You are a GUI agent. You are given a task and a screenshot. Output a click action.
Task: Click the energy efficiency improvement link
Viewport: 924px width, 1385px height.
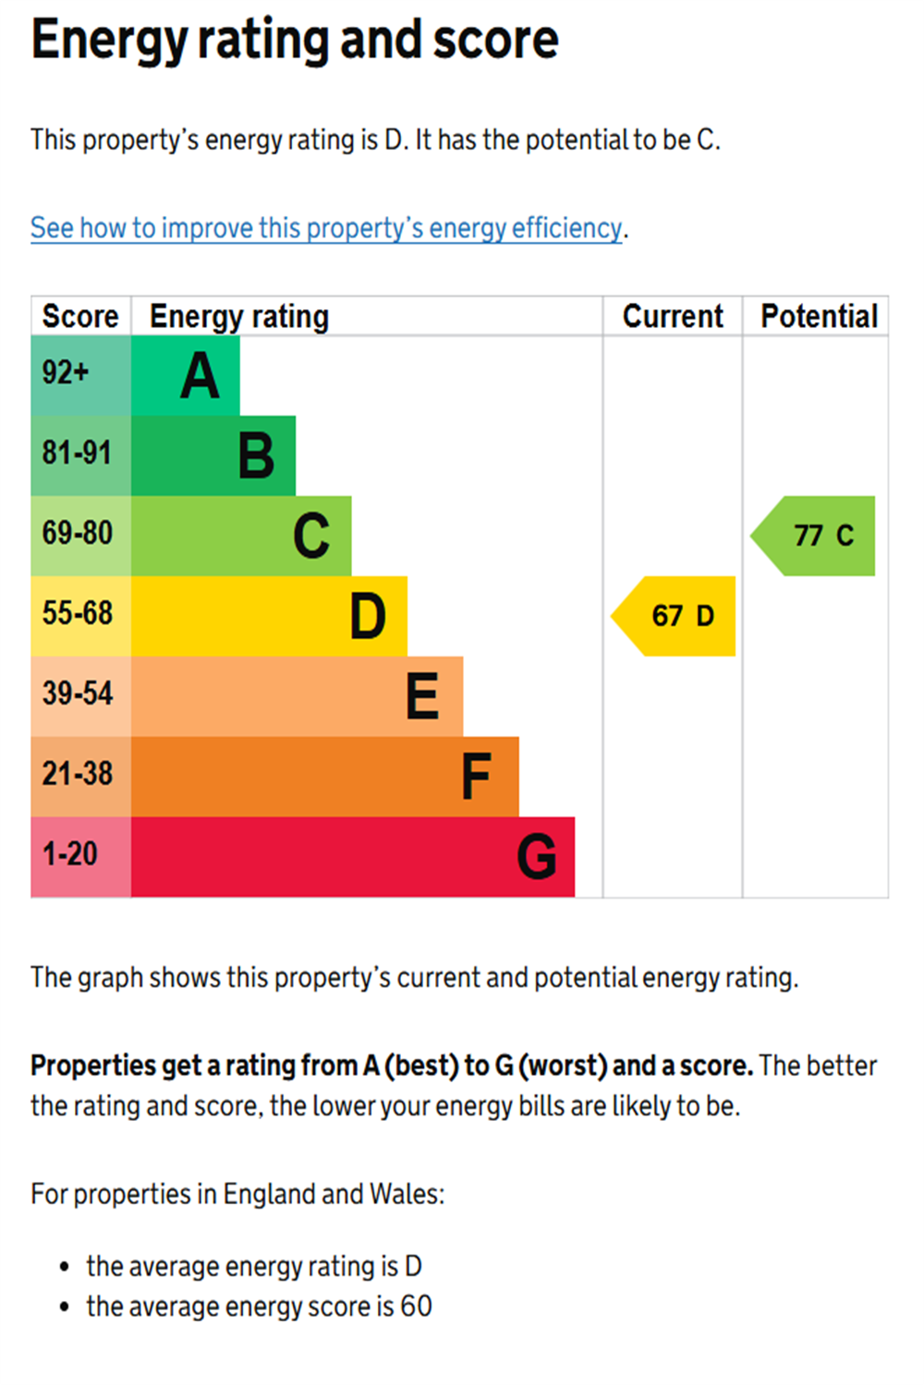(326, 228)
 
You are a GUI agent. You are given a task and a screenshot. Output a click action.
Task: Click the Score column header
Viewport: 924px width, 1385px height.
(80, 317)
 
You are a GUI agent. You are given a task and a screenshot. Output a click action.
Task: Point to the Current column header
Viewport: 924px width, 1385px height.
(673, 317)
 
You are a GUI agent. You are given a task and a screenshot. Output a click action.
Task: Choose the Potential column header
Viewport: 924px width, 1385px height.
(819, 317)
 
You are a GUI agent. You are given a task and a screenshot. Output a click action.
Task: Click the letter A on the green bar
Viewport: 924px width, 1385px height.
(200, 377)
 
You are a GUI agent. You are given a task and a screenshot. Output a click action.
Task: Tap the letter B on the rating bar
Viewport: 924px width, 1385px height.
(256, 456)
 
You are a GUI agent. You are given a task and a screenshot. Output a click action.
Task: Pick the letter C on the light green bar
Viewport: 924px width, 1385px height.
(311, 536)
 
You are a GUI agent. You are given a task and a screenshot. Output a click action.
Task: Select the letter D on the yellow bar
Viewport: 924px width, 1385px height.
(368, 617)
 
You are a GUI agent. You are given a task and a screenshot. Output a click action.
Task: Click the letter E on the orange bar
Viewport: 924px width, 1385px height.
(422, 696)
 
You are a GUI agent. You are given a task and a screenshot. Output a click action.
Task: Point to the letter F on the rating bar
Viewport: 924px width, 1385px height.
(476, 777)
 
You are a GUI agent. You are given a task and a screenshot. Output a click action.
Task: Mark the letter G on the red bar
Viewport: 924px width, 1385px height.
(536, 857)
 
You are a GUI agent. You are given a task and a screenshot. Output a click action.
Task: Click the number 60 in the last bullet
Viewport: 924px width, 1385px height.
(416, 1307)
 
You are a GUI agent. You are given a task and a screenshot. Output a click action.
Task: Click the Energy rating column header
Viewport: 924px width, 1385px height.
(239, 317)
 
